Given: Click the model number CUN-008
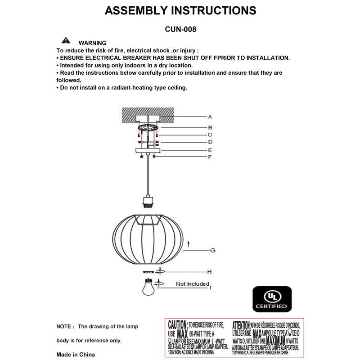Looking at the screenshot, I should pos(180,28).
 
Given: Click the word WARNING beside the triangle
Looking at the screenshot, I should pos(92,42).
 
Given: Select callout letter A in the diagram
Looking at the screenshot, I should pos(210,117).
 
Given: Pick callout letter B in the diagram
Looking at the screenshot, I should pos(210,127).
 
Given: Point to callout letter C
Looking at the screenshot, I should pos(210,135).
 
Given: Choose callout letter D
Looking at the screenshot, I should pos(210,142).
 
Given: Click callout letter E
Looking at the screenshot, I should pos(210,150).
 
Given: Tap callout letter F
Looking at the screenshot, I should pos(210,157).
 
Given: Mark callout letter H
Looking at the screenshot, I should pos(209,272).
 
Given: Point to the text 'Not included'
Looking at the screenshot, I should pos(192,284).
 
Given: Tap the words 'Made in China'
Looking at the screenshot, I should pos(76,355).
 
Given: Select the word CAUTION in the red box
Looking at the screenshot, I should pos(177,324).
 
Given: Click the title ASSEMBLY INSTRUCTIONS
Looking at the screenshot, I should pos(180,11).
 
